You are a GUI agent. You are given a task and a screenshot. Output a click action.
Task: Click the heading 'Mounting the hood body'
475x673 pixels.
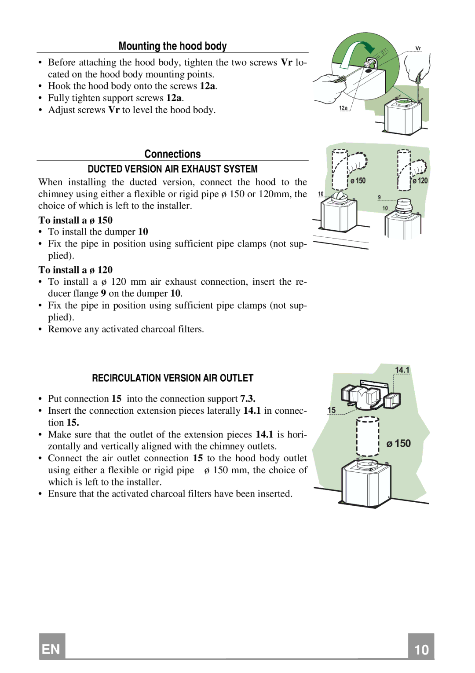172,46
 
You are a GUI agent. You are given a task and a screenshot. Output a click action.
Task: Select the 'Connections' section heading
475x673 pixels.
172,154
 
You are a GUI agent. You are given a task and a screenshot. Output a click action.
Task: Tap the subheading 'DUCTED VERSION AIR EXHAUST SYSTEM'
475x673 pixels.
172,169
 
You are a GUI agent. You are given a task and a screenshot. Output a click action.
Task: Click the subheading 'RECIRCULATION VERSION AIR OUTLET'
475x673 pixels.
172,378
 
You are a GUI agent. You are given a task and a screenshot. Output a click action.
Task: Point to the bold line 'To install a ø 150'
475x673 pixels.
75,220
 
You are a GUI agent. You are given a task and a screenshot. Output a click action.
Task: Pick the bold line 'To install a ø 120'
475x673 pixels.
75,270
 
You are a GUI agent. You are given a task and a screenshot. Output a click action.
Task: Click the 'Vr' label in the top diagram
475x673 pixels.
418,48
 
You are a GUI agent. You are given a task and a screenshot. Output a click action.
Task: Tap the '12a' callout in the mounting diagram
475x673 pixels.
343,108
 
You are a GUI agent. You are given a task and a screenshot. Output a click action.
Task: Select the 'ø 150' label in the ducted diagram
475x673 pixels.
358,181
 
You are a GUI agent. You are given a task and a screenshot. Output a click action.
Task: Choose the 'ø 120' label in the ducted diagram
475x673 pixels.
420,181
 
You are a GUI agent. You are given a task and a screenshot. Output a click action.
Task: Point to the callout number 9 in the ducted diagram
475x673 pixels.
379,197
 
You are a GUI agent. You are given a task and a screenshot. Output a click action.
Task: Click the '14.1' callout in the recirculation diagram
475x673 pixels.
402,370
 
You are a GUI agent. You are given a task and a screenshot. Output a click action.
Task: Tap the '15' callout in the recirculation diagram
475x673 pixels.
331,410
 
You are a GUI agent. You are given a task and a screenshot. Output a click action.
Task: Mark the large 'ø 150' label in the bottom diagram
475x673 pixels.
398,444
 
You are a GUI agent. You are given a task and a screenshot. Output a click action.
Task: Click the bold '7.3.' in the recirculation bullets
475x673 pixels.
248,399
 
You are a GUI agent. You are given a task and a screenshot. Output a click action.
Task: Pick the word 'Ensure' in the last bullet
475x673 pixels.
62,494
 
